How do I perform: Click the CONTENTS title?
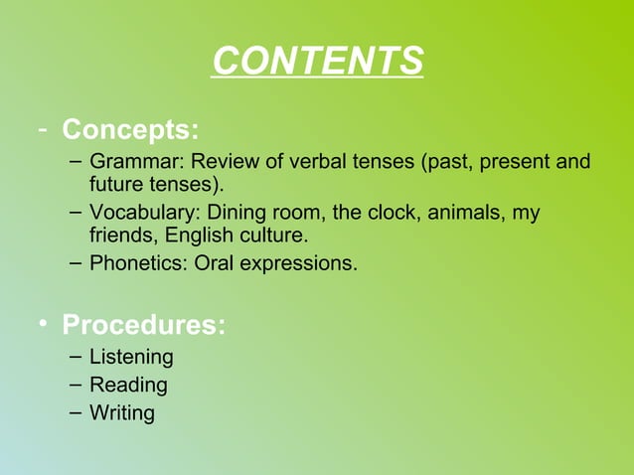(x=318, y=62)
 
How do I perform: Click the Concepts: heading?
(x=130, y=130)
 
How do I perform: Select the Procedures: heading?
(x=143, y=325)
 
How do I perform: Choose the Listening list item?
(x=131, y=356)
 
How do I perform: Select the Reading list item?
(x=128, y=385)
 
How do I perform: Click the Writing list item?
(x=122, y=411)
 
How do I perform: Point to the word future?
(x=116, y=186)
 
